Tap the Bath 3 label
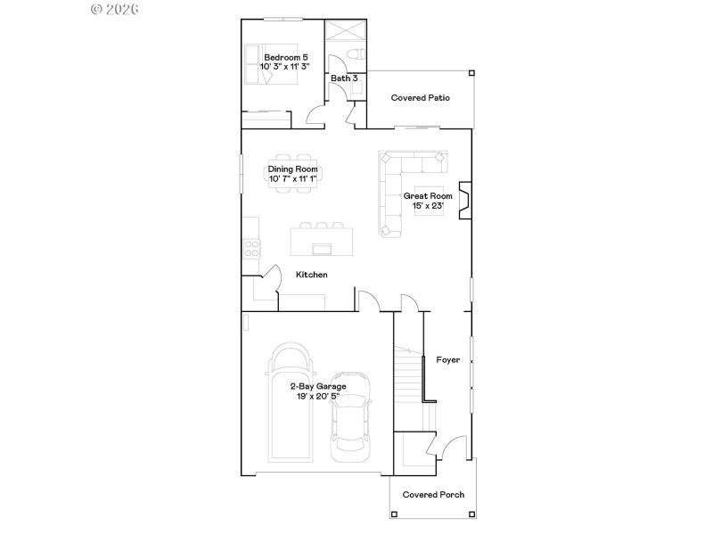(x=344, y=78)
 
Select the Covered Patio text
(x=420, y=98)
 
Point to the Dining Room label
(x=293, y=169)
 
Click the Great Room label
(x=428, y=196)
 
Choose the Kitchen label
(x=311, y=275)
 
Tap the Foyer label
(x=447, y=360)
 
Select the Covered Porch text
(x=433, y=495)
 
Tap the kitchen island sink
(x=320, y=247)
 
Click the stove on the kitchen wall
(x=251, y=249)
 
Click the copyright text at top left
(x=116, y=9)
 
